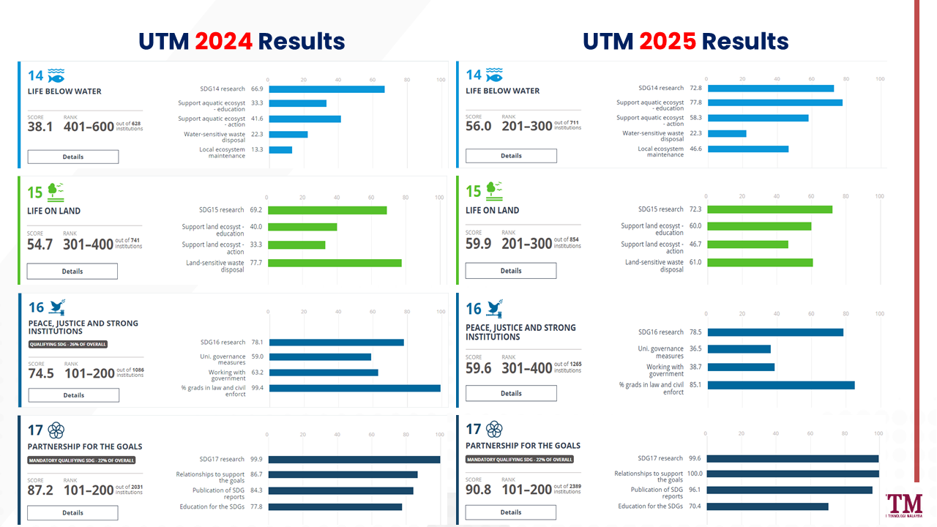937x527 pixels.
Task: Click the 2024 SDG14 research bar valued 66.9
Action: tap(326, 89)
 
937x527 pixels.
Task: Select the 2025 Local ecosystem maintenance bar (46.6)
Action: tap(748, 149)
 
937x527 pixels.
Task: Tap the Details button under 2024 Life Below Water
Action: tap(73, 157)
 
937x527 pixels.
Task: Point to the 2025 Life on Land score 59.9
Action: tap(479, 243)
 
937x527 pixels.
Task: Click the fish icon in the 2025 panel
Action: tap(494, 75)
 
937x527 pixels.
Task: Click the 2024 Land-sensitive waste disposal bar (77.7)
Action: tap(334, 263)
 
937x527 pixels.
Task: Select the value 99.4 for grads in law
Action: tap(257, 388)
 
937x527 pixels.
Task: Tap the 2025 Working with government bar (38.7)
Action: tap(741, 367)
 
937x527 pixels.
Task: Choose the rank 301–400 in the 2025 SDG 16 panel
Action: tap(527, 367)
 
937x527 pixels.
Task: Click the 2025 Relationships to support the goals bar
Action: tap(793, 474)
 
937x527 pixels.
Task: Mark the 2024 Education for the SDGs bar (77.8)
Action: tap(335, 507)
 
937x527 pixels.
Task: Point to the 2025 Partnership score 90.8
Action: tap(479, 489)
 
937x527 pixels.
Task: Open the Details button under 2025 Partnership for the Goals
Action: tap(511, 512)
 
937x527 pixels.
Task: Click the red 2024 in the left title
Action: tap(224, 41)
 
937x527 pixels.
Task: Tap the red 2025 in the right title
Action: tap(668, 41)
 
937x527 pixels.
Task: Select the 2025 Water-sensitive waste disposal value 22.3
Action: tap(695, 133)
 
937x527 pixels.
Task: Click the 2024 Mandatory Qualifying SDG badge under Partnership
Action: tap(81, 460)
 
